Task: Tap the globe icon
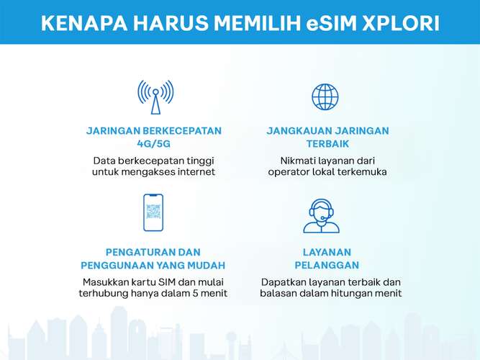325,96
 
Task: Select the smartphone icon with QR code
153,212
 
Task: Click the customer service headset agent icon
321,216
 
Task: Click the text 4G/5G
154,144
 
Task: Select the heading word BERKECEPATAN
182,131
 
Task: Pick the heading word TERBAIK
327,144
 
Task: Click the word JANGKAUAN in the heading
299,131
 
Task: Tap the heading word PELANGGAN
327,265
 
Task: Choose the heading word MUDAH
206,265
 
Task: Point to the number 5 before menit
195,293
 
